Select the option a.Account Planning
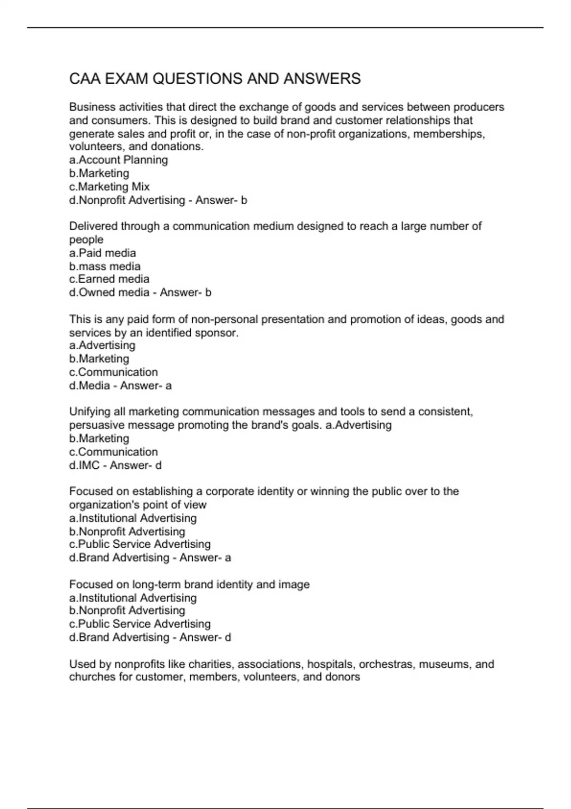tap(118, 160)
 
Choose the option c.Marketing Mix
tap(109, 187)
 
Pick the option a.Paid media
tap(102, 253)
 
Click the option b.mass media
tap(105, 266)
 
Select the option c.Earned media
tap(109, 279)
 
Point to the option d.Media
tap(89, 385)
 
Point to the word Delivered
tap(93, 226)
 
